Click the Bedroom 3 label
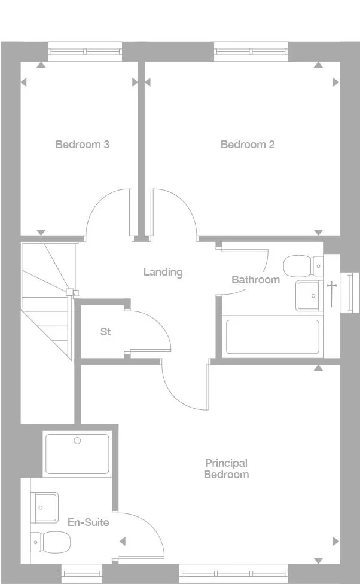82,144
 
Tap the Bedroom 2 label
248,144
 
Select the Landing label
163,272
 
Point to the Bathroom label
255,280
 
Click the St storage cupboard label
105,331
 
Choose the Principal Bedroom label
226,469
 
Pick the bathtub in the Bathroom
272,338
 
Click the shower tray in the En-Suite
77,454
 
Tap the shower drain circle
77,441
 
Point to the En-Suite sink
45,507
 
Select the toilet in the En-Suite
50,542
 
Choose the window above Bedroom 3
85,51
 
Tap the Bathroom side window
347,292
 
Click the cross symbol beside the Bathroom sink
331,293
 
